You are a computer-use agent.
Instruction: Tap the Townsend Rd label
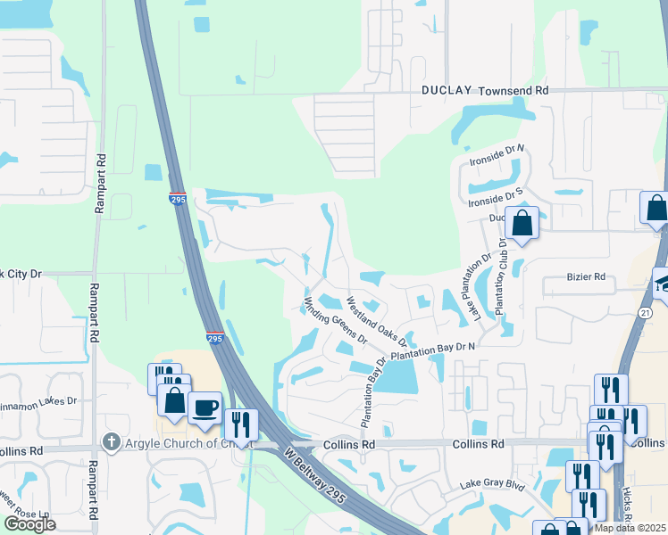(514, 91)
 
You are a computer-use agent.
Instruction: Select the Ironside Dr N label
(497, 158)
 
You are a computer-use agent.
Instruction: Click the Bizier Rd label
(586, 277)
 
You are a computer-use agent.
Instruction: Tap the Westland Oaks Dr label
(376, 321)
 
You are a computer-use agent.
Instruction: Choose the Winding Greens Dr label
(335, 320)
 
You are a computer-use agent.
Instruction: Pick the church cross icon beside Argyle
(110, 441)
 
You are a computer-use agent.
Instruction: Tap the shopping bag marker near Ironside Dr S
(522, 223)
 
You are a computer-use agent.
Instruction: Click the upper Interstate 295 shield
(178, 199)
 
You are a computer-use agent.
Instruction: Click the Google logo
(29, 524)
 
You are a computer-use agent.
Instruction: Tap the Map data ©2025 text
(630, 528)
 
